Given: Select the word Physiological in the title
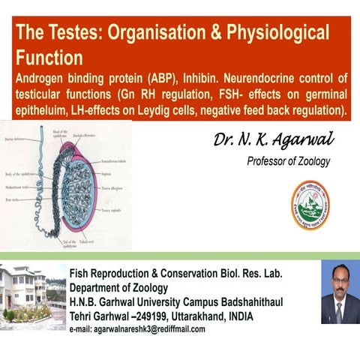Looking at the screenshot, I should point(271,33).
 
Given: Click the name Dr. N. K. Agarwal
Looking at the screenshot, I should point(273,140).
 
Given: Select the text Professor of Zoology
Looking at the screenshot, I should point(289,161).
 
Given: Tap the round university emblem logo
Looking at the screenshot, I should point(310,204).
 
